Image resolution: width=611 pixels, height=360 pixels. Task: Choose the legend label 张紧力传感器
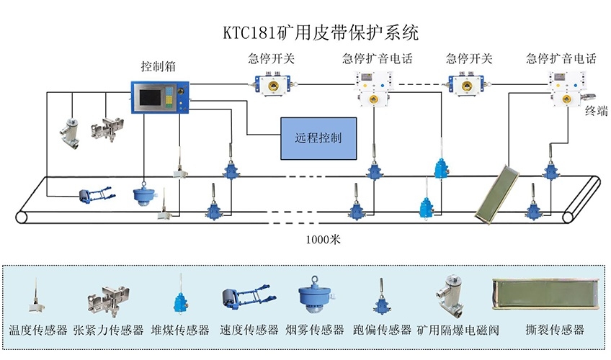point(108,330)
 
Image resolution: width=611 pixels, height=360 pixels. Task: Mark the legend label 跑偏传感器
point(383,330)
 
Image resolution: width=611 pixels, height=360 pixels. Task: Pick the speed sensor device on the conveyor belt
point(95,194)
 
